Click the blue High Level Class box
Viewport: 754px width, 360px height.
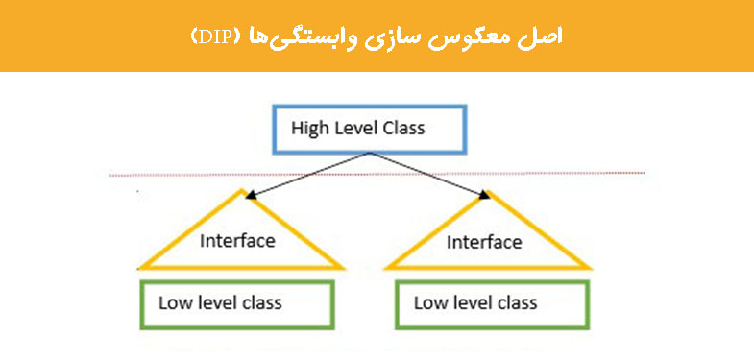[x=370, y=129]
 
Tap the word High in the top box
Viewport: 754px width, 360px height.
[x=310, y=128]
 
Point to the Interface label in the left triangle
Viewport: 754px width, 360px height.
[x=237, y=240]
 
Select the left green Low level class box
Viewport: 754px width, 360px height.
[x=237, y=303]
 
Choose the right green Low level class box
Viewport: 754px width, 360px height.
[x=491, y=303]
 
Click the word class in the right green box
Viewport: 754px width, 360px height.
[x=517, y=302]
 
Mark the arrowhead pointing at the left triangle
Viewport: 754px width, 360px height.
[x=249, y=195]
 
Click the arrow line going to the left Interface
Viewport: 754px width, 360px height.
[x=307, y=174]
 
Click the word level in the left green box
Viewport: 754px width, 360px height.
[x=215, y=302]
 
